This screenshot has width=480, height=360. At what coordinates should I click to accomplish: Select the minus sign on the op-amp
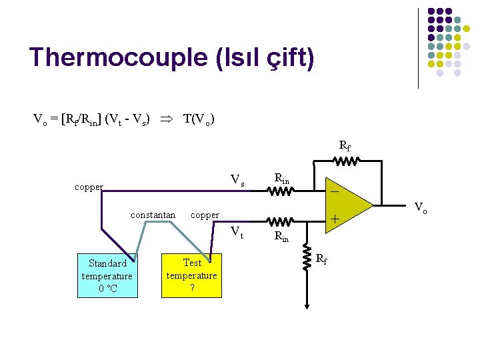click(x=335, y=191)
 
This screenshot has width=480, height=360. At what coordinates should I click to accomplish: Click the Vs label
click(x=237, y=179)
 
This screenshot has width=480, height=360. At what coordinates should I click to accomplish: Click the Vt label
click(x=237, y=232)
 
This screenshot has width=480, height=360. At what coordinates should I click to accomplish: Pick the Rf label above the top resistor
click(x=345, y=145)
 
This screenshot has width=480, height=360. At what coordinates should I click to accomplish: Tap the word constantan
click(x=153, y=215)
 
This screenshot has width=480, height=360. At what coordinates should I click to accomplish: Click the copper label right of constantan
click(x=205, y=215)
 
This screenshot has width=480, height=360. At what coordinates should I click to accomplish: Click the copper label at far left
click(x=89, y=187)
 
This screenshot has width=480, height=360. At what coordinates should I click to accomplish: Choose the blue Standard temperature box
click(x=107, y=275)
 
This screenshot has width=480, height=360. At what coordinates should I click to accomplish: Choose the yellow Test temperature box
click(x=192, y=275)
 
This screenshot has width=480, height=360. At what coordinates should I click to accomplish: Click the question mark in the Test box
click(x=192, y=288)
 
